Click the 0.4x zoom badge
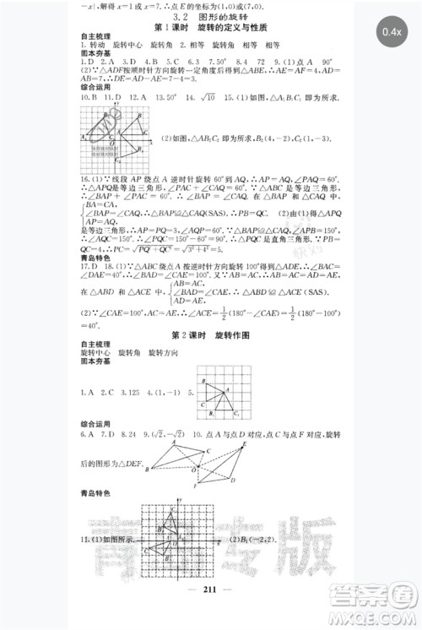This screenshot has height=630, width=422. tap(392, 31)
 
